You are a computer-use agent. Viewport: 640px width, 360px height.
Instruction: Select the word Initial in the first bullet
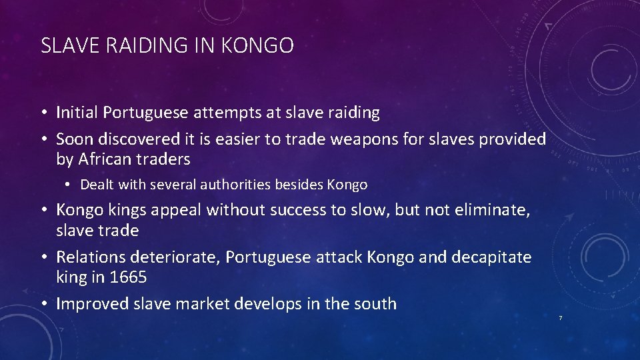click(78, 113)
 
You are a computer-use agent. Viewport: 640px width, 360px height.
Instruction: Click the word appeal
click(178, 211)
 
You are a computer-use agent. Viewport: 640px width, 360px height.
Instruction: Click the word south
click(375, 304)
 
